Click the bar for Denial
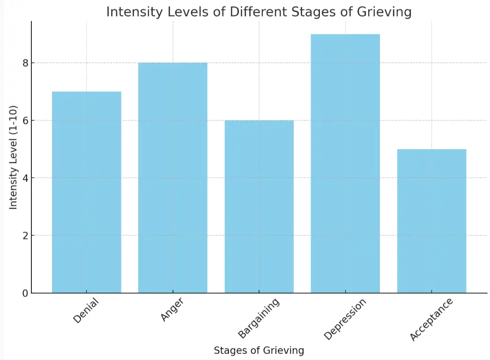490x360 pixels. [x=87, y=192]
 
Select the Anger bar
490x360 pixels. [x=173, y=178]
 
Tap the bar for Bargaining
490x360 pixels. [x=259, y=206]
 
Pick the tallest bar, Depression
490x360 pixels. [x=345, y=164]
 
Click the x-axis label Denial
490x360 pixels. [x=87, y=310]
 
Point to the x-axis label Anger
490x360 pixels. [x=172, y=309]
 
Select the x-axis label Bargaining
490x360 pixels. [x=259, y=318]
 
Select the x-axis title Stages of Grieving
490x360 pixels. [x=259, y=350]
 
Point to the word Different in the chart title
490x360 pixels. [x=252, y=12]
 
